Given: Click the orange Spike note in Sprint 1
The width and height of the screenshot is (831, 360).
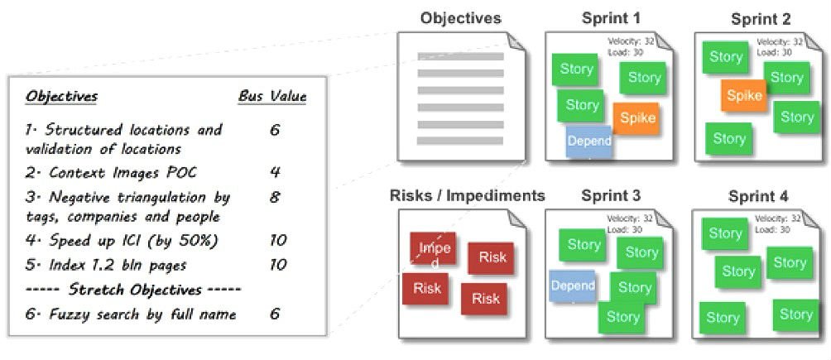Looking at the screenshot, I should pos(636,118).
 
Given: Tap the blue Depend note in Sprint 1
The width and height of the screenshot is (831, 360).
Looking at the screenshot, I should pos(589,141).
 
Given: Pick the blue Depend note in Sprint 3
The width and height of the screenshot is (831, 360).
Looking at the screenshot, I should pos(573,285).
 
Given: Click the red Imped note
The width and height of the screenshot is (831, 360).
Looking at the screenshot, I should pos(434,248).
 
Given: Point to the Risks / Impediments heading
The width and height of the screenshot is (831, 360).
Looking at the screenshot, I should pos(468,196).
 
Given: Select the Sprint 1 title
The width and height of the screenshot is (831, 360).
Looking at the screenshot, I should pos(610,17).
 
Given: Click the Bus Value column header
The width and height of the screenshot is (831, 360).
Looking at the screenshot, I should pos(272,97).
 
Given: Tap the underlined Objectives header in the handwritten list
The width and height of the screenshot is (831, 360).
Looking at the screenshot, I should pos(61,97).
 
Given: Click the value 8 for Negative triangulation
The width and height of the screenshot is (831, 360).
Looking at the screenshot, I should pos(276,198).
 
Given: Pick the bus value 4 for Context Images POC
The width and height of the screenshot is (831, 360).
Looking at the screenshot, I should pos(276,172).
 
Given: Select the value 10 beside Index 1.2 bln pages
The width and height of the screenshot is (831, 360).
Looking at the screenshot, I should pos(278,265).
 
